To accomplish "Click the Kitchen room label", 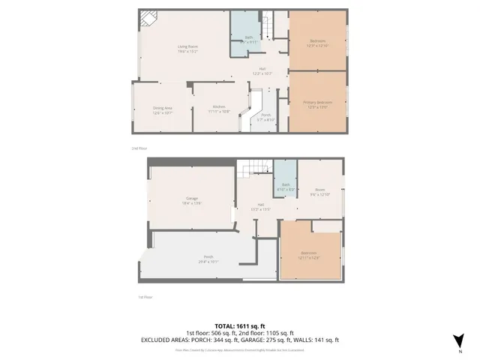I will pyautogui.click(x=219, y=109).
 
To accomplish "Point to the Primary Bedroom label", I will pyautogui.click(x=317, y=104).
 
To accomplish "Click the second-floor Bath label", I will pyautogui.click(x=247, y=41).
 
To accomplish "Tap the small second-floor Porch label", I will pyautogui.click(x=266, y=117).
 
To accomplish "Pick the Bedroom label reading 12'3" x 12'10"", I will pyautogui.click(x=318, y=42).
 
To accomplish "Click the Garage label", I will pyautogui.click(x=193, y=199).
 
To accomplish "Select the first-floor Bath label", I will pyautogui.click(x=285, y=187).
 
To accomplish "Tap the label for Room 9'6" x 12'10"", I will pyautogui.click(x=320, y=192).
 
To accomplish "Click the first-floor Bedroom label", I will pyautogui.click(x=310, y=254).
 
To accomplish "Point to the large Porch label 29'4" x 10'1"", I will pyautogui.click(x=207, y=260).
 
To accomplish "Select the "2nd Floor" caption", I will pyautogui.click(x=139, y=148).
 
